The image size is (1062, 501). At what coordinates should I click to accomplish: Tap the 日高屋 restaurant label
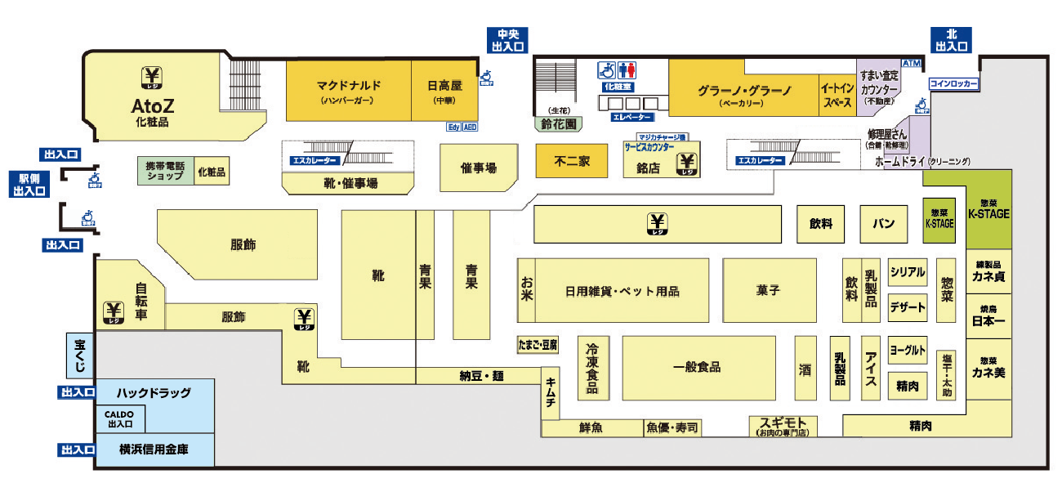pos(445,86)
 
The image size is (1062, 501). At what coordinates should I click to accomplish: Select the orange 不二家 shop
pos(572,161)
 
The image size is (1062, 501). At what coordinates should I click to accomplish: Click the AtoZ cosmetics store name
pos(154,106)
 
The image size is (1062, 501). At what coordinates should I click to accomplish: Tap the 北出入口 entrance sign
pos(952,40)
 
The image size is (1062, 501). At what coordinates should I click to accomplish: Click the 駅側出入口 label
pos(29,185)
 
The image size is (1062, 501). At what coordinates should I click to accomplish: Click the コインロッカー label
pos(954,83)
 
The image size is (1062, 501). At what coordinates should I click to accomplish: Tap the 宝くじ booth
pos(80,355)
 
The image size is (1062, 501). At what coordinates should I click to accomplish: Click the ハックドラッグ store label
pos(154,393)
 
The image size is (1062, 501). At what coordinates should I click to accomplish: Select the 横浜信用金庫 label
pos(154,450)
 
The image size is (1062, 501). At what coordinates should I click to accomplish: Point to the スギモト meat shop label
pos(783,425)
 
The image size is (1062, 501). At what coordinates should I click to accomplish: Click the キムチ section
pos(551,392)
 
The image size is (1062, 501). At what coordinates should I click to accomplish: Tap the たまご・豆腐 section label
pos(538,345)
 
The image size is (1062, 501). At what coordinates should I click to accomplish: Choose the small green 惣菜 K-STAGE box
pos(939,219)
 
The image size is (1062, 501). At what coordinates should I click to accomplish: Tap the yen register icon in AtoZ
pos(152,77)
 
